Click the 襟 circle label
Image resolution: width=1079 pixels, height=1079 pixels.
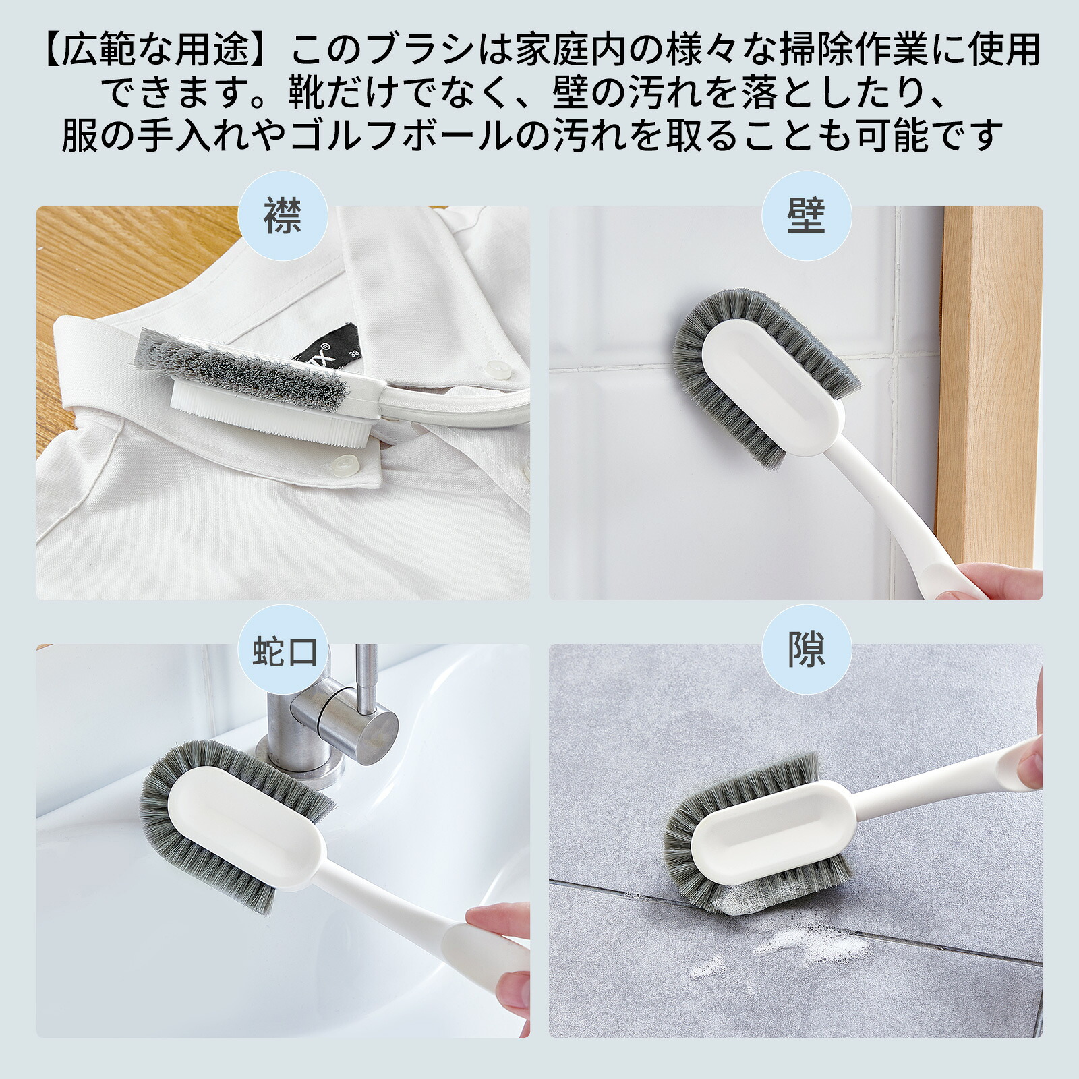(283, 216)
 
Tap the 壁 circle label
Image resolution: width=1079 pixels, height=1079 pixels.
(807, 216)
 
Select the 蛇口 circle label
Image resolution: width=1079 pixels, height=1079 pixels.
(284, 651)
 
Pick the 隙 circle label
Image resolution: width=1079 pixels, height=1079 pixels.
(807, 651)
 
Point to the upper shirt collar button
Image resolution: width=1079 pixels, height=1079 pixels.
(498, 368)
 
